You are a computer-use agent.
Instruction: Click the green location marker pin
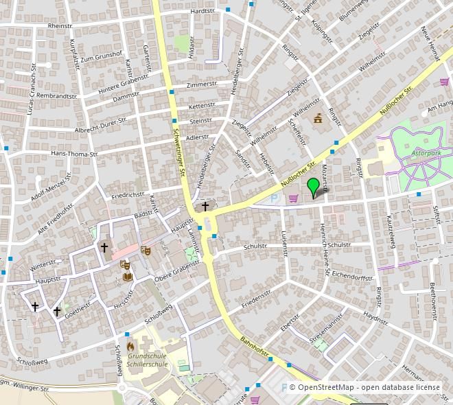[x=314, y=187]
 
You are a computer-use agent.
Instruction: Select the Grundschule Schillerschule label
[x=148, y=361]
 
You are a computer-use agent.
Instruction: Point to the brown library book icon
[x=128, y=277]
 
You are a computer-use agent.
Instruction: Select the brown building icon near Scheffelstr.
[x=318, y=119]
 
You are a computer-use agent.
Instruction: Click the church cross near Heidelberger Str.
[x=205, y=206]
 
